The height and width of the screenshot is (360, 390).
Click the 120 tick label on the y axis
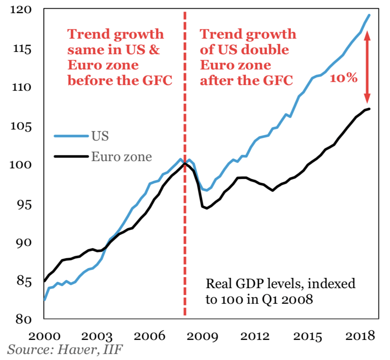[21, 10]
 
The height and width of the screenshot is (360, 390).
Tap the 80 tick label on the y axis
[23, 319]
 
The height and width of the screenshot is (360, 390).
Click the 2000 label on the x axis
[44, 336]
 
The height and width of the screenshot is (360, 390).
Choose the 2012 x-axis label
[255, 336]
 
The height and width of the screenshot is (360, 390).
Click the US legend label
[100, 136]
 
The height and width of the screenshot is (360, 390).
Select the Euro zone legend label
[122, 157]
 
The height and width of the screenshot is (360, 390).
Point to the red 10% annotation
[344, 78]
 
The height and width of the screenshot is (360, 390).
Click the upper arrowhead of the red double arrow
[367, 34]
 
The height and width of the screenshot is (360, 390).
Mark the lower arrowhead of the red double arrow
[367, 99]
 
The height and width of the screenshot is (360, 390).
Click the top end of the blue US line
[369, 15]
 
